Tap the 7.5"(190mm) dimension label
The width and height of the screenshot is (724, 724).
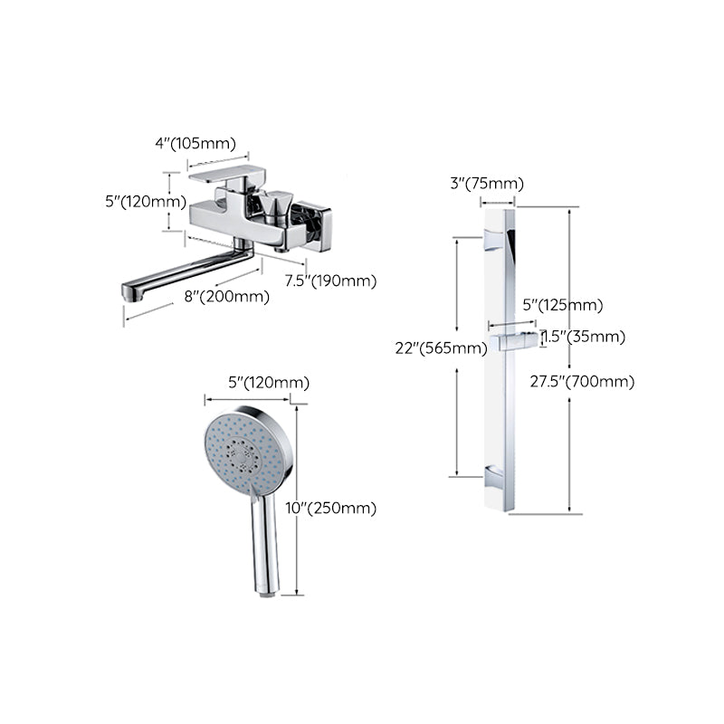pos(330,281)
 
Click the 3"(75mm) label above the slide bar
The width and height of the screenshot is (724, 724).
pos(487,184)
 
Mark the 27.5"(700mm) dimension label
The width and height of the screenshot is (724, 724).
pos(583,381)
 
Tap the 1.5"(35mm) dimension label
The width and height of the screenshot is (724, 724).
pos(585,337)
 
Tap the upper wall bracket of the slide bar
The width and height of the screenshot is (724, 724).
pos(495,239)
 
